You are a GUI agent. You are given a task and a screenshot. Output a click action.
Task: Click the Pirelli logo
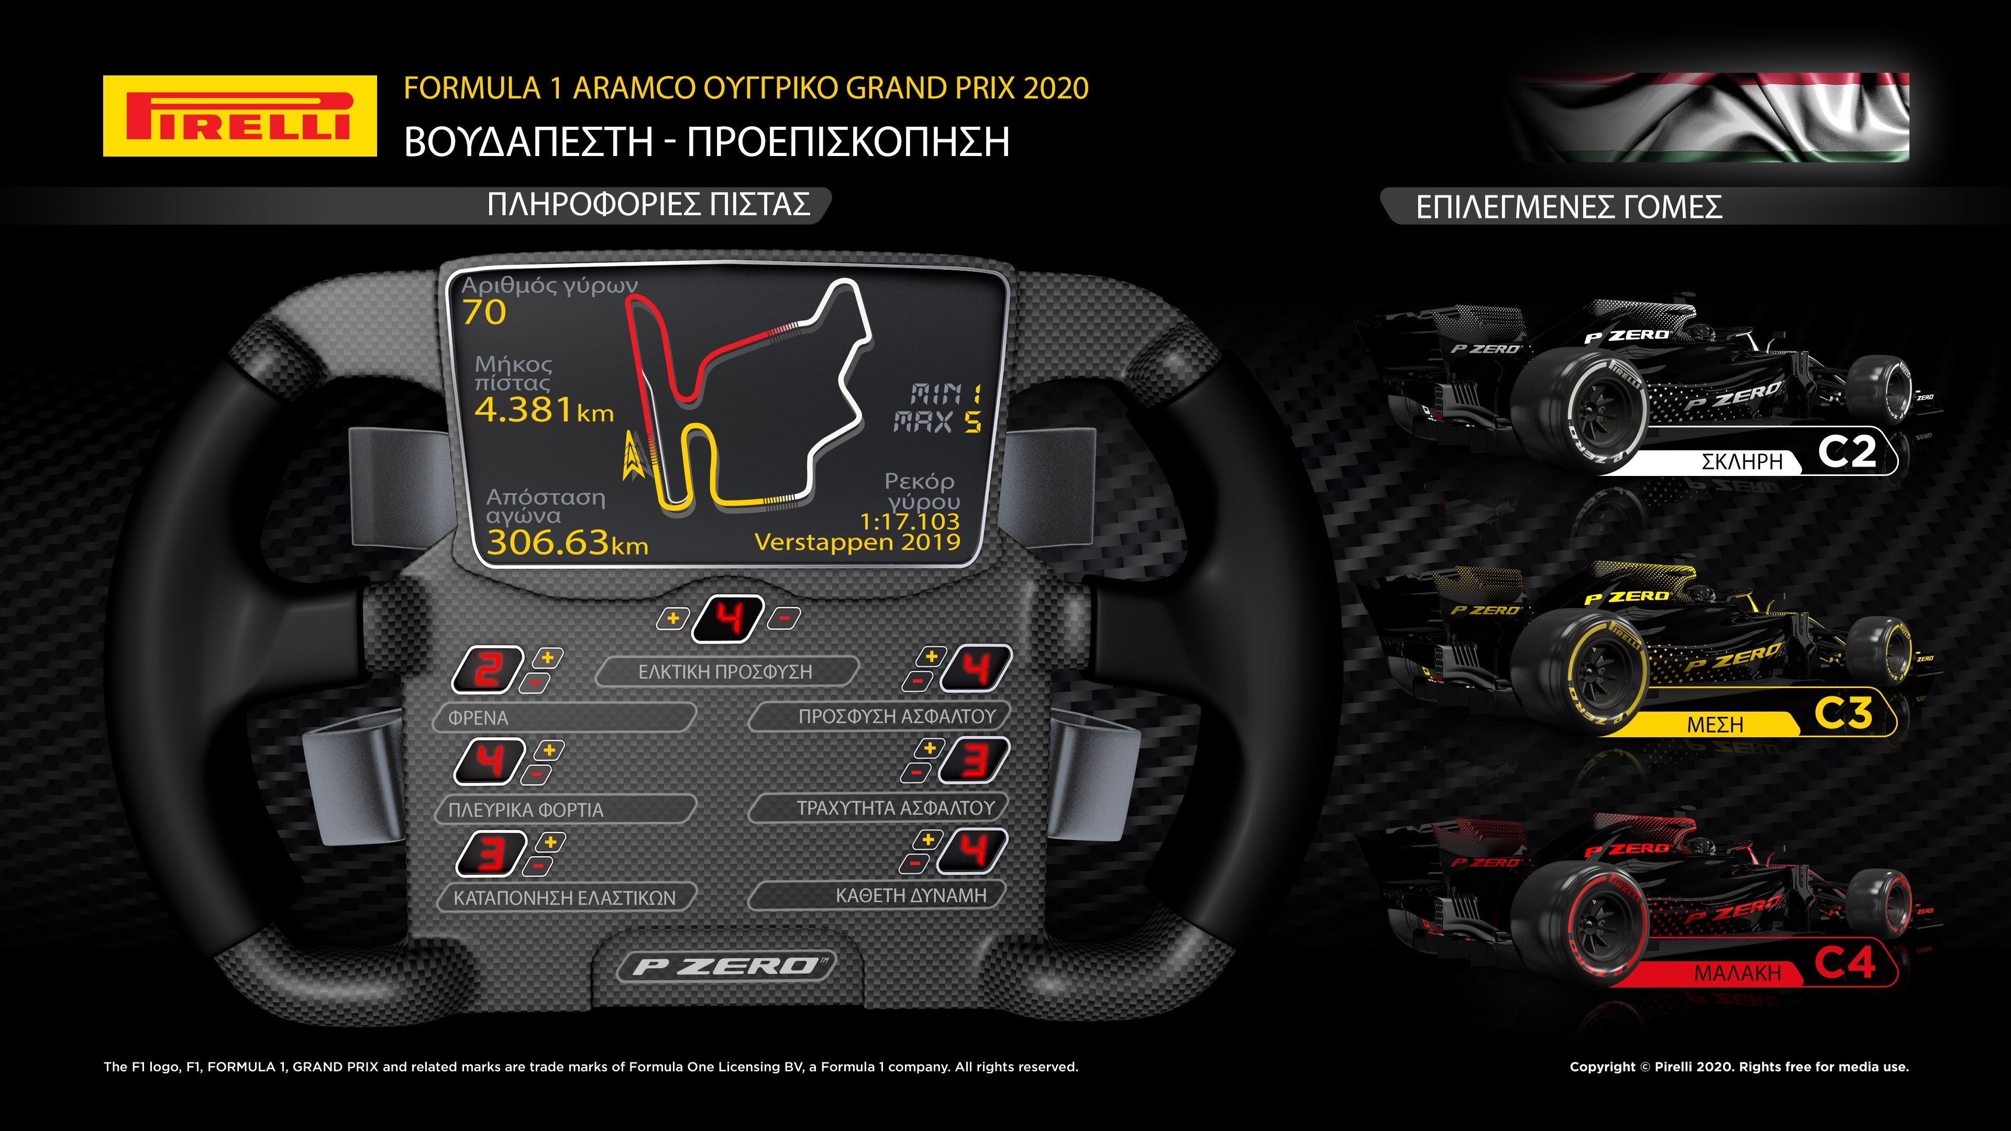tap(240, 116)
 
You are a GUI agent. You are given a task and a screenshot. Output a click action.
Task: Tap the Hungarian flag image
tap(1710, 117)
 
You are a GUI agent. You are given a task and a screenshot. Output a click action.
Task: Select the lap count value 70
tap(484, 312)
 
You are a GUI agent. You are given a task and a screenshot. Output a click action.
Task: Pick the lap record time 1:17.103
tap(910, 520)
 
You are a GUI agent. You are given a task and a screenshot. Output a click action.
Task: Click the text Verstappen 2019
tap(857, 542)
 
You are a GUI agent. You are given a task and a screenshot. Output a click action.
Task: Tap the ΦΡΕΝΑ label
tap(478, 718)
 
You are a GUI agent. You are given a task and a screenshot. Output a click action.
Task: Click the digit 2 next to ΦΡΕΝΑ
tap(488, 670)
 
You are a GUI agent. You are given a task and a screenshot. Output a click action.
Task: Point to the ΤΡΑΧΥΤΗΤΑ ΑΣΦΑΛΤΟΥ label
tap(896, 808)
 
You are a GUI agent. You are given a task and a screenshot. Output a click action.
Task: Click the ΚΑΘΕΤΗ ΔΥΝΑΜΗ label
tap(911, 895)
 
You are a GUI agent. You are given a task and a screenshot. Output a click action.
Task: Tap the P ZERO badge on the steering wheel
tap(726, 966)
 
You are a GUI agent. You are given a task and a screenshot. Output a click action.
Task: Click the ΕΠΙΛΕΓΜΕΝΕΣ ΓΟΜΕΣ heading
tap(1569, 207)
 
